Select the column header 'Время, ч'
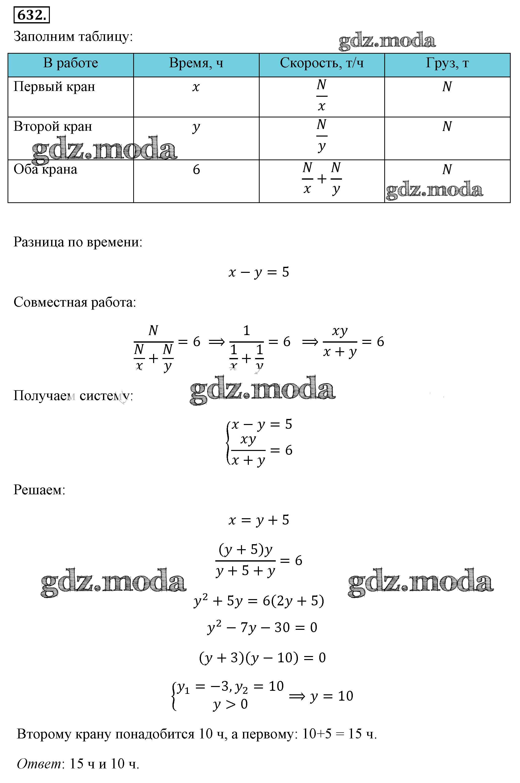pyautogui.click(x=196, y=63)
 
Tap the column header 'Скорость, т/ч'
pyautogui.click(x=322, y=63)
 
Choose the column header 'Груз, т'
pyautogui.click(x=447, y=63)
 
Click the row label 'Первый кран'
pyautogui.click(x=54, y=87)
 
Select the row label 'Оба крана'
pyautogui.click(x=45, y=170)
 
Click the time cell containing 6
pyautogui.click(x=196, y=170)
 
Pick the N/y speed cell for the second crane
pyautogui.click(x=322, y=136)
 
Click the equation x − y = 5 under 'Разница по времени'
pyautogui.click(x=259, y=272)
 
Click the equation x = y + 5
pyautogui.click(x=259, y=520)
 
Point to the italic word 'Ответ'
pyautogui.click(x=39, y=764)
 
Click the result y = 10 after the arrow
pyautogui.click(x=332, y=696)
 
